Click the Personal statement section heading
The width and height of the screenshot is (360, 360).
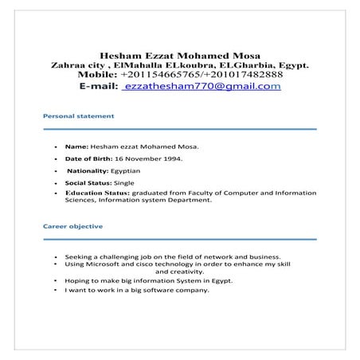coord(78,116)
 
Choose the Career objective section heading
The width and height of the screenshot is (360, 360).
coord(72,226)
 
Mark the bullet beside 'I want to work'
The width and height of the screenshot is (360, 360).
coord(54,290)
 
